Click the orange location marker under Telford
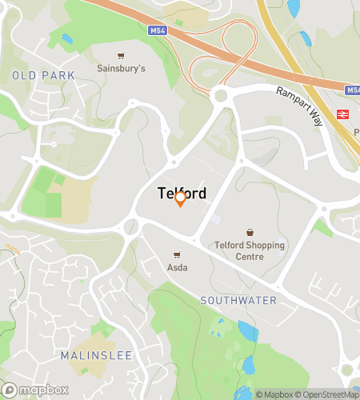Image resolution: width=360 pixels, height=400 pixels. pos(180,198)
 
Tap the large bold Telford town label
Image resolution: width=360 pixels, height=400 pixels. pos(182,193)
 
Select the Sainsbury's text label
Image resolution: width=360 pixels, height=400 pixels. pos(122,69)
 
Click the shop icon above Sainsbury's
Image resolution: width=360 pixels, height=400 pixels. pos(121,56)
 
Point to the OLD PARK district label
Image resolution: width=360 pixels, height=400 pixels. pos(44,75)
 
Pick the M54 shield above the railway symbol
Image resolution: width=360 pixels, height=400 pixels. pos(352,90)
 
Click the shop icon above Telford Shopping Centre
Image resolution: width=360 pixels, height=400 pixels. pos(250,232)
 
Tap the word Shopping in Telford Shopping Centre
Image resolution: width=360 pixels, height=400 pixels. pos(262,246)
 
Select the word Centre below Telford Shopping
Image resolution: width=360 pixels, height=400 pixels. pos(250,257)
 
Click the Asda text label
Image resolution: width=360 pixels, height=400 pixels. pos(177,267)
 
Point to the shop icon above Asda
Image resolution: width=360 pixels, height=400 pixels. pos(177,254)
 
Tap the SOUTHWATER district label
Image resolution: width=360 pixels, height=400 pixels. pos(239,301)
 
